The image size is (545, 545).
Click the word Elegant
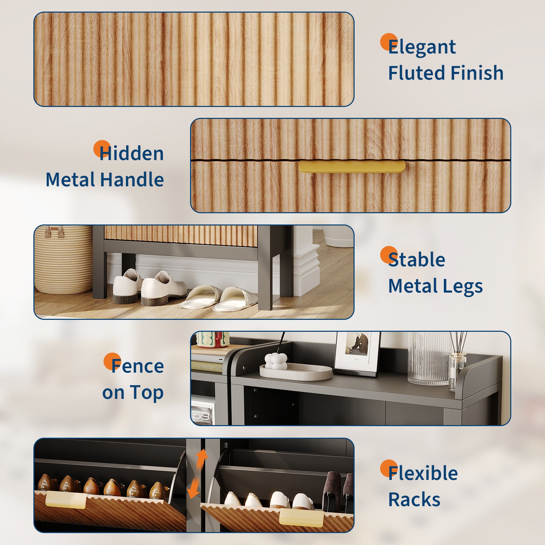point(422,47)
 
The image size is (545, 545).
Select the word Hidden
point(131,153)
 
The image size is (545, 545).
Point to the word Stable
point(417,260)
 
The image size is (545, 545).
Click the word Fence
point(138,366)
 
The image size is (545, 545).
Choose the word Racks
point(414,499)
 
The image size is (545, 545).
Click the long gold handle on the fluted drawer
point(352,167)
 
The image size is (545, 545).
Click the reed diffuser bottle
point(457,370)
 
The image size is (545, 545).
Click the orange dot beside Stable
point(389,255)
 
